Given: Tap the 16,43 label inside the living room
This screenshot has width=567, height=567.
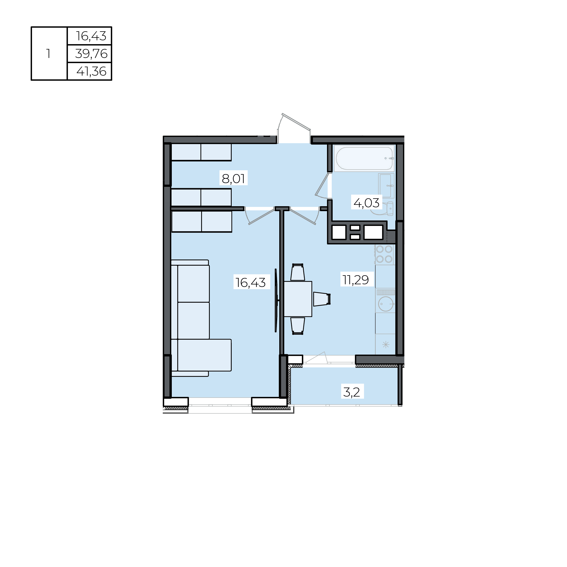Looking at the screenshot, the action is [251, 282].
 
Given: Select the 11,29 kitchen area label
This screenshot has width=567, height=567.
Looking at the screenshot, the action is [356, 280].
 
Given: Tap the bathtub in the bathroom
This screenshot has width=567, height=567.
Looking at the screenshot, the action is [364, 158].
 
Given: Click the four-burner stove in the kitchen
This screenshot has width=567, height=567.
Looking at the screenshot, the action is [384, 254].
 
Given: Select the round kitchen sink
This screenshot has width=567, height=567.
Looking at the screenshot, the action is [386, 304].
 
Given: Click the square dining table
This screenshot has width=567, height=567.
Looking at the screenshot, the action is [298, 299].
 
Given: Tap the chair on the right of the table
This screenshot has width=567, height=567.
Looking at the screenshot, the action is [322, 299].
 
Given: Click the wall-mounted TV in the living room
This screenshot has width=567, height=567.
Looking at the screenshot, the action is [276, 300].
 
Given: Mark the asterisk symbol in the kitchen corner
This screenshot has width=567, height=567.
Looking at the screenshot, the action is [386, 345].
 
